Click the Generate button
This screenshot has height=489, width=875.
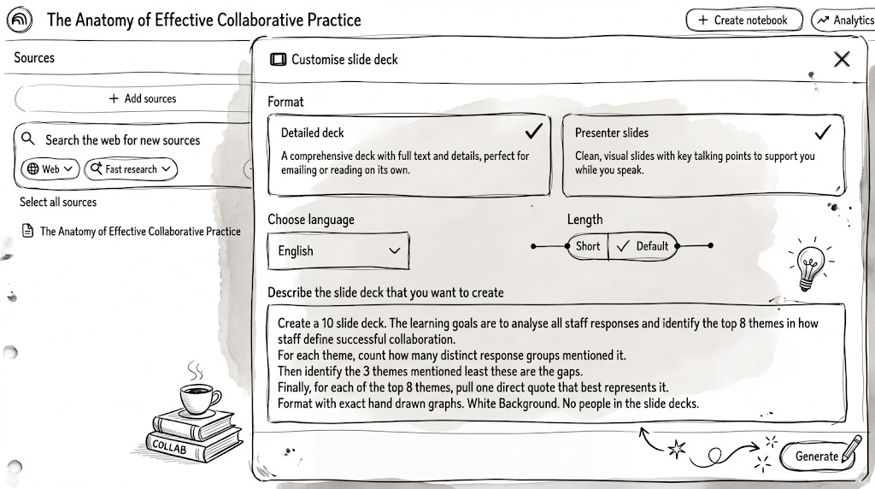[816, 456]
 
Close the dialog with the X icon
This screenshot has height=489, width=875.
[842, 59]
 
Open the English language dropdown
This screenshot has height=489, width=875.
[338, 250]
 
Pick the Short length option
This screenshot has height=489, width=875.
[588, 246]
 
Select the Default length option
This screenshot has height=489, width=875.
[643, 246]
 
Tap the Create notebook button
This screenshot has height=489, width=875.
[743, 20]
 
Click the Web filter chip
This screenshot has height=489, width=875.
[50, 169]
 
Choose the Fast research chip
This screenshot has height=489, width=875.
[130, 169]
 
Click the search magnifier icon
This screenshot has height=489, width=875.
[29, 139]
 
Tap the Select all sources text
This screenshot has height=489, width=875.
[58, 203]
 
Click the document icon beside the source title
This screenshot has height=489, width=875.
[27, 231]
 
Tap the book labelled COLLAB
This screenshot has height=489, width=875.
[179, 445]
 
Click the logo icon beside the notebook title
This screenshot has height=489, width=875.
[20, 20]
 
